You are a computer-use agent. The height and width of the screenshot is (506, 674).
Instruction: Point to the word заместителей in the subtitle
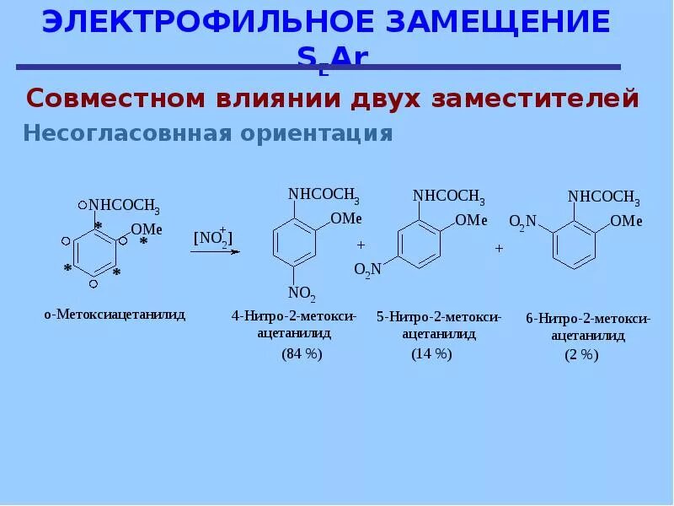coord(536,99)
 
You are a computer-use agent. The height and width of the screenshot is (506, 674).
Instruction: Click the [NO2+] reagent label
coord(213,239)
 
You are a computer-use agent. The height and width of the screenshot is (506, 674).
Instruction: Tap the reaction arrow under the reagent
coord(214,251)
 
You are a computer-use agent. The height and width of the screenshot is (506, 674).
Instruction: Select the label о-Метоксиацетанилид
coord(115,315)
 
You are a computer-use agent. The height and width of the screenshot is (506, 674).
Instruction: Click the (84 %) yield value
coord(302,354)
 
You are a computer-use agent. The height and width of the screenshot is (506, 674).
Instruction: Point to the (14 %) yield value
coord(431,354)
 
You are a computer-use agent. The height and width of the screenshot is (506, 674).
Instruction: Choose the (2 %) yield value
coord(581,355)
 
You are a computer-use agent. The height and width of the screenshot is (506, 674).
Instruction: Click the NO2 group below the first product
coord(302,294)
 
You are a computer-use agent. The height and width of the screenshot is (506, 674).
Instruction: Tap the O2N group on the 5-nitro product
coord(368,269)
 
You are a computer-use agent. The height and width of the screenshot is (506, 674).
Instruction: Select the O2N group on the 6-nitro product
coord(522,222)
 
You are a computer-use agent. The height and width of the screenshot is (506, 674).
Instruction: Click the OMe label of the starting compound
coord(147,229)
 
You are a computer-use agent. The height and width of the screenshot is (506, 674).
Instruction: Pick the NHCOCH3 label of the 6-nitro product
coord(603,197)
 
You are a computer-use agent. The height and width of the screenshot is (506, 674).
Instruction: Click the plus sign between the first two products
coord(361,245)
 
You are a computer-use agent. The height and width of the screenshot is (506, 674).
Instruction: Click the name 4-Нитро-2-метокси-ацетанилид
coord(294,325)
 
